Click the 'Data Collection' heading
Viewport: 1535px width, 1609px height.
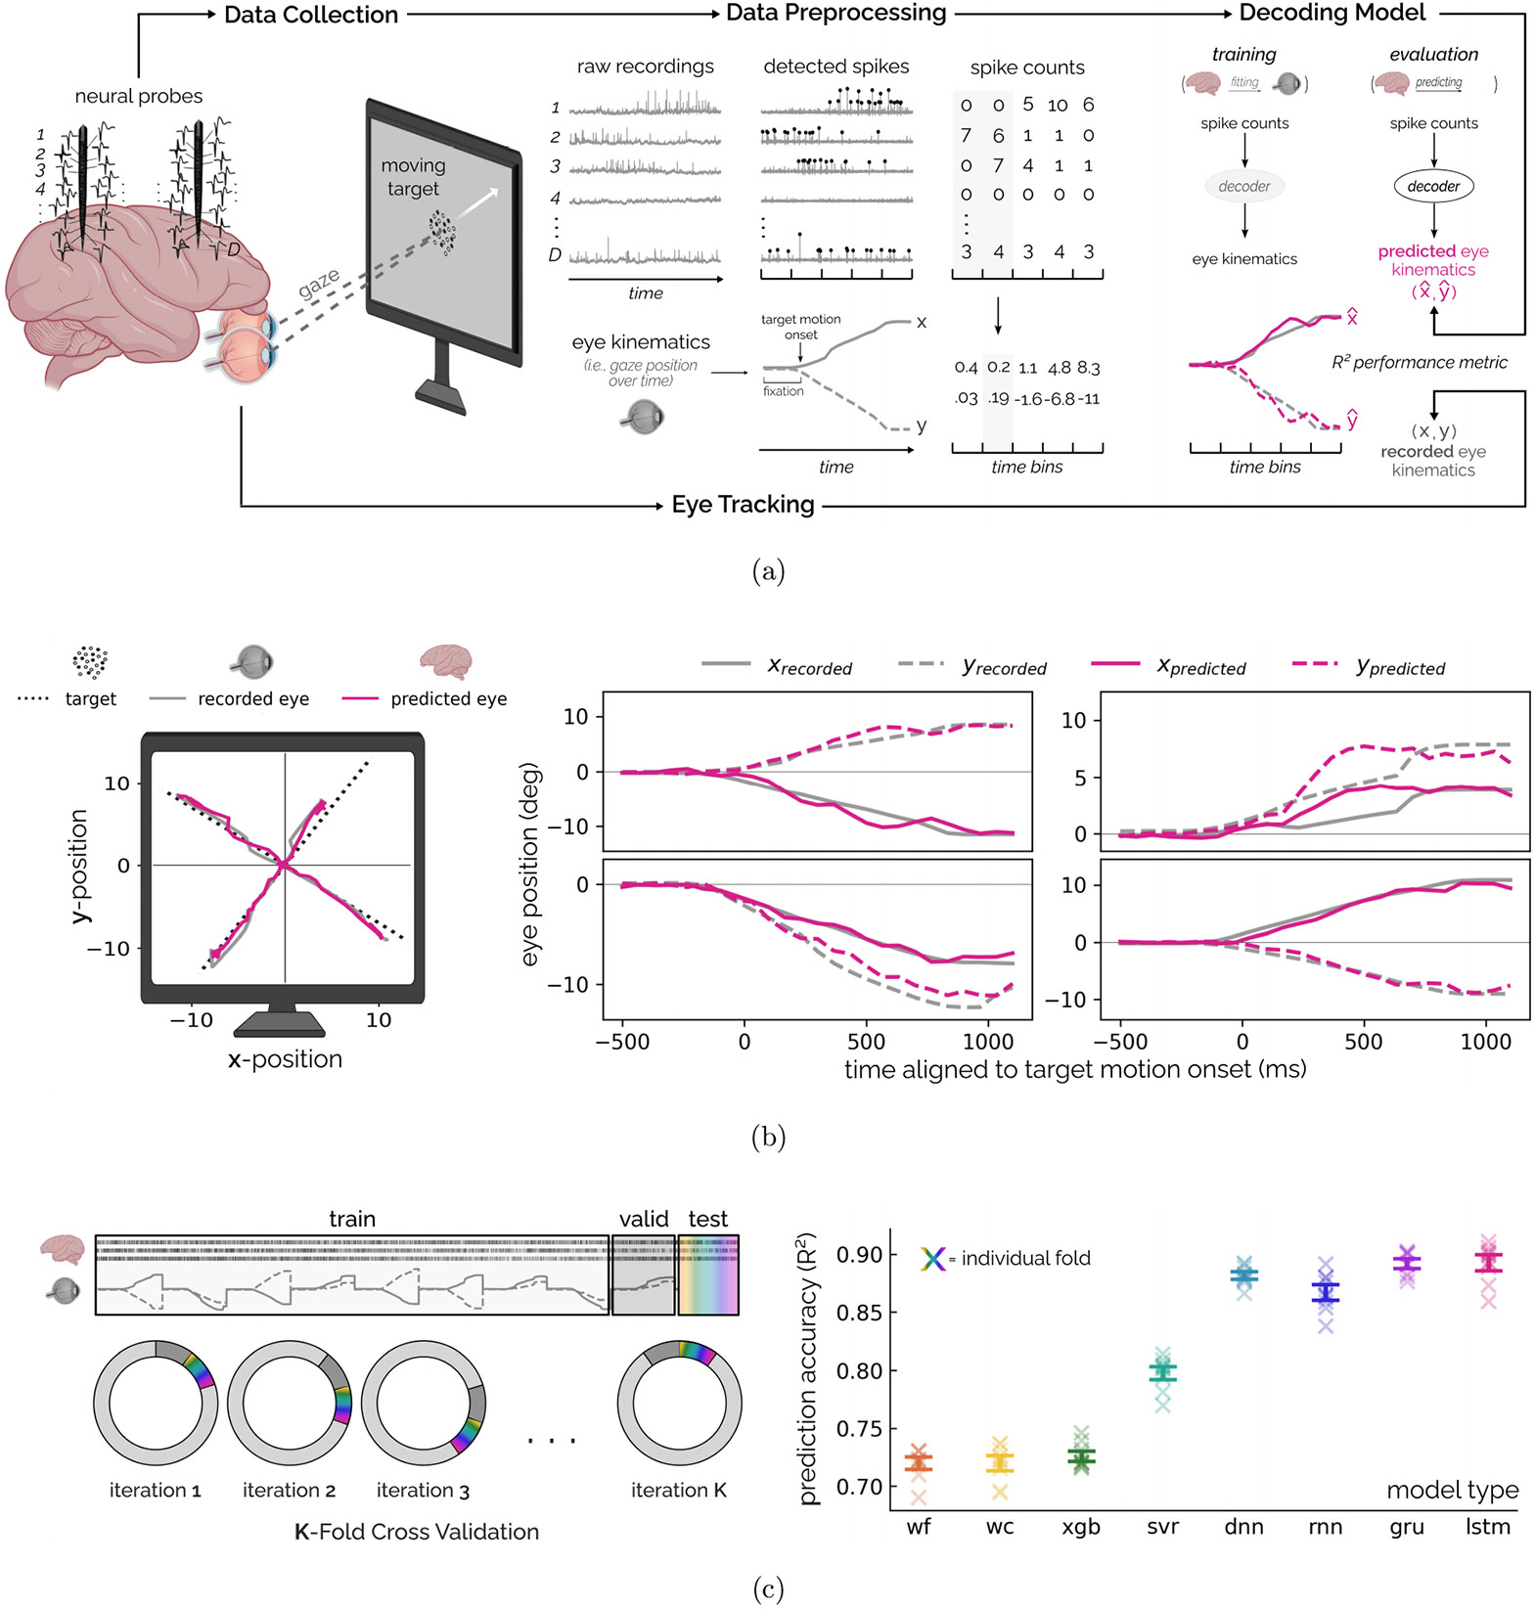pyautogui.click(x=310, y=15)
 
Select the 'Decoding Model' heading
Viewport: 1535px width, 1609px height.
pyautogui.click(x=1332, y=13)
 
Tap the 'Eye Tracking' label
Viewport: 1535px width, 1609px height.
pyautogui.click(x=743, y=505)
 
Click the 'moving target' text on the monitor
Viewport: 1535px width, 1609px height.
pyautogui.click(x=413, y=177)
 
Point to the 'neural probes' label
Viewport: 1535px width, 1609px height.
pyautogui.click(x=139, y=96)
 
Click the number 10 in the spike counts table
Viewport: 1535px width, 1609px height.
pyautogui.click(x=1058, y=106)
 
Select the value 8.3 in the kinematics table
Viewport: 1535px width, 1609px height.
pyautogui.click(x=1088, y=369)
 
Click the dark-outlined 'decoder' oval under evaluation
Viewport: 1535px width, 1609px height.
pyautogui.click(x=1433, y=186)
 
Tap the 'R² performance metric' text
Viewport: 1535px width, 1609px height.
pyautogui.click(x=1419, y=363)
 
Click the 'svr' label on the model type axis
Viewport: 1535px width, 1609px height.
pyautogui.click(x=1162, y=1527)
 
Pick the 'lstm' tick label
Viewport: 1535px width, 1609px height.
pyautogui.click(x=1487, y=1527)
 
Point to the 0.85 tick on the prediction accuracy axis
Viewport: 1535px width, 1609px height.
pyautogui.click(x=858, y=1313)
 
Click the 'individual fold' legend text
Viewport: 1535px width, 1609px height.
pyautogui.click(x=1025, y=1259)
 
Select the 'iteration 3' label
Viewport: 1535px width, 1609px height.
pyautogui.click(x=423, y=1491)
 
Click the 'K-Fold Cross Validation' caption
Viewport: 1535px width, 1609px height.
pyautogui.click(x=417, y=1532)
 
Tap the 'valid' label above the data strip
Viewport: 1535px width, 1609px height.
pyautogui.click(x=644, y=1220)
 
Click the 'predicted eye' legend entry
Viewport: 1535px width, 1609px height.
pyautogui.click(x=448, y=699)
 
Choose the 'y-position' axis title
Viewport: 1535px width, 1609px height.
pyautogui.click(x=79, y=866)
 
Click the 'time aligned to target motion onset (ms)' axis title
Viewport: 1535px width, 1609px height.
pyautogui.click(x=1075, y=1070)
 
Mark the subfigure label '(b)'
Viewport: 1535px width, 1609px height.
pyautogui.click(x=768, y=1137)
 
